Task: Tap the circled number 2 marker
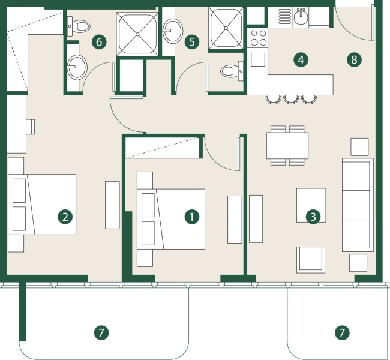click(64, 216)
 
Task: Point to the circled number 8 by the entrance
click(354, 59)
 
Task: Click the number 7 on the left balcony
click(101, 331)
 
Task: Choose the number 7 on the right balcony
click(342, 331)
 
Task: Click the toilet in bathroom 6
click(79, 25)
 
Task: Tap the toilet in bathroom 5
click(229, 71)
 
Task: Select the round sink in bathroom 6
click(76, 67)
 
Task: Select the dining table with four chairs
click(287, 145)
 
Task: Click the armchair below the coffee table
click(311, 259)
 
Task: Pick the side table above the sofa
click(359, 146)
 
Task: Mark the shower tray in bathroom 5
click(227, 27)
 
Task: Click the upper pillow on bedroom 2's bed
click(19, 190)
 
